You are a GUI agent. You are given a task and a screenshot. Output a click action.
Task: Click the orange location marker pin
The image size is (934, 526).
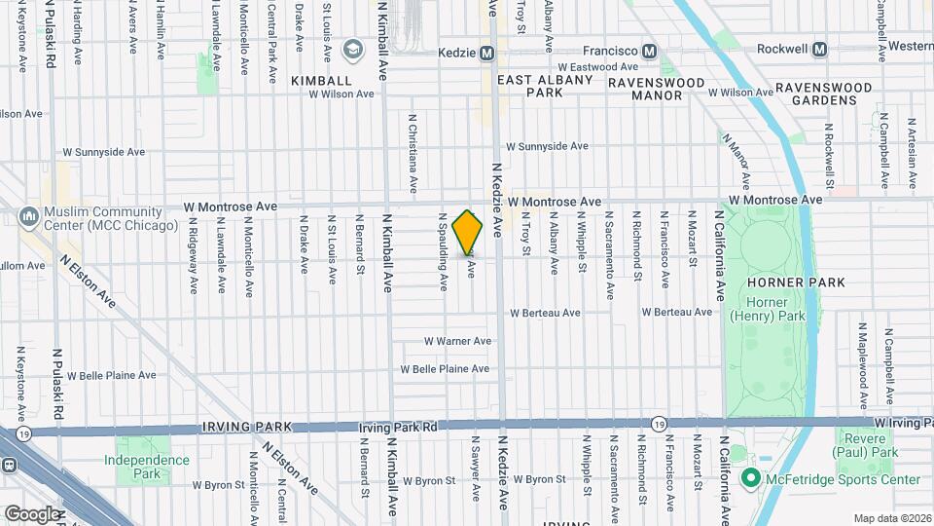468,233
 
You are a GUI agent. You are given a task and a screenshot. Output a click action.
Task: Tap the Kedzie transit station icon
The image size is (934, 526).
487,51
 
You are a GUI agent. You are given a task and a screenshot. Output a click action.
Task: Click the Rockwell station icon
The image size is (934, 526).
820,49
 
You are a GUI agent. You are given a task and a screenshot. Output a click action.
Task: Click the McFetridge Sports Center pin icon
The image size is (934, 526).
750,478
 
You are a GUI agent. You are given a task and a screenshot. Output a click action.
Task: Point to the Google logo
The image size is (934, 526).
32,513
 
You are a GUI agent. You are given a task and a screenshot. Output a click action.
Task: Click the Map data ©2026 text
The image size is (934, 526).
892,518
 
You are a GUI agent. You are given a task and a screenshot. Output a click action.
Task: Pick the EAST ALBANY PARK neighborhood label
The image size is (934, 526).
545,86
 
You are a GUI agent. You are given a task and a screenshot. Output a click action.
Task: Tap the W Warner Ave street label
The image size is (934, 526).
457,341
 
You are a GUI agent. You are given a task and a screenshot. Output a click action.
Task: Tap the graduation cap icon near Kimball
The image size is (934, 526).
351,49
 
